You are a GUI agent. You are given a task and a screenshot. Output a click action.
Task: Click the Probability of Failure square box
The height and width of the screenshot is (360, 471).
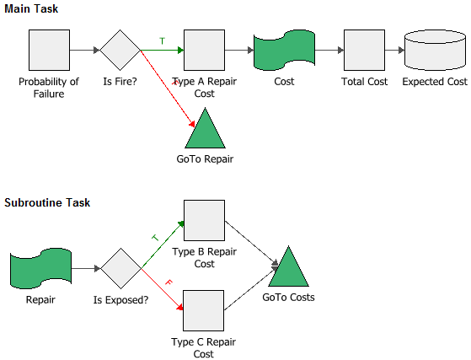(49, 51)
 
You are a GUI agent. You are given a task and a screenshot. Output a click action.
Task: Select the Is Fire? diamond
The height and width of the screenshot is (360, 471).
(120, 51)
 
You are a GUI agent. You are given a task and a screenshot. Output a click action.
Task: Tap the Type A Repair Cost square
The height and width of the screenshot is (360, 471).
(204, 51)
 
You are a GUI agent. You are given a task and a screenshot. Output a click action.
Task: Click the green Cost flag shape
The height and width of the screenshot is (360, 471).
(284, 51)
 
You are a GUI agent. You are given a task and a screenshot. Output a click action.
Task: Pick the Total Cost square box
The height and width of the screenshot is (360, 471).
(364, 51)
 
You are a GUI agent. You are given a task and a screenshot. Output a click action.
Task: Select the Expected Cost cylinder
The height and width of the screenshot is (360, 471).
(436, 51)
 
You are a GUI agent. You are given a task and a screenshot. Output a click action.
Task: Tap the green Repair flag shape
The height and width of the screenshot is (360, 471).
(40, 268)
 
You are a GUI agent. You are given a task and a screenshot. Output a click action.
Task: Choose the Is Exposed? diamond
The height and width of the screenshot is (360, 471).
(120, 268)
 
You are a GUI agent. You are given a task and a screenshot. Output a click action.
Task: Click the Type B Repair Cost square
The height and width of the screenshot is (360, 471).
(204, 221)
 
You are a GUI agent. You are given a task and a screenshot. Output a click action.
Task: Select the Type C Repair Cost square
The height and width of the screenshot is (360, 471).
(204, 311)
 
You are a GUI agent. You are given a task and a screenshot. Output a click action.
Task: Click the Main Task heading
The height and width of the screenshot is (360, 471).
(31, 8)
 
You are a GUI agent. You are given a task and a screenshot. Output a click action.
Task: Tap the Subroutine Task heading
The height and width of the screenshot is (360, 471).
(47, 202)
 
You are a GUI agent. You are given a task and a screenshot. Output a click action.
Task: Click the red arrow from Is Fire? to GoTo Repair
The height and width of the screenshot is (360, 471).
(168, 88)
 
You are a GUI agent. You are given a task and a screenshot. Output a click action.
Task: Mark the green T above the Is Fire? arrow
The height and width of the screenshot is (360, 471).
(163, 40)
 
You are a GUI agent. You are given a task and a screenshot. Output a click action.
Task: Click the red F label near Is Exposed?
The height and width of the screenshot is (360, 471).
(169, 282)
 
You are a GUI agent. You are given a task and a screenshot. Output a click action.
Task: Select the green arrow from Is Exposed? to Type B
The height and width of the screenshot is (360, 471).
(163, 244)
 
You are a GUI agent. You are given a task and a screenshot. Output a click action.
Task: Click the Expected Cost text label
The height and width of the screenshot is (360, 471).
(435, 82)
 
